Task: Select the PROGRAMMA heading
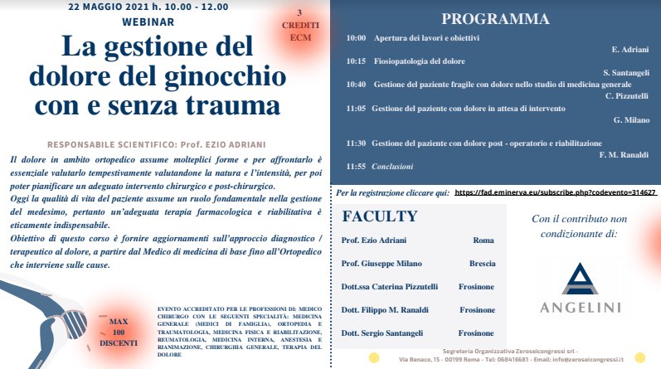click(x=495, y=18)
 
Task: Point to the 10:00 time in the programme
click(x=356, y=38)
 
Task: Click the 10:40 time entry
click(x=356, y=84)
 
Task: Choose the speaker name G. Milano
click(x=631, y=120)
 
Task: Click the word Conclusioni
click(x=394, y=166)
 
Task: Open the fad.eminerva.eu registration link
click(x=555, y=192)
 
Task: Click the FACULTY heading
click(x=379, y=217)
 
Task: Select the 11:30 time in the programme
click(x=356, y=143)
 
